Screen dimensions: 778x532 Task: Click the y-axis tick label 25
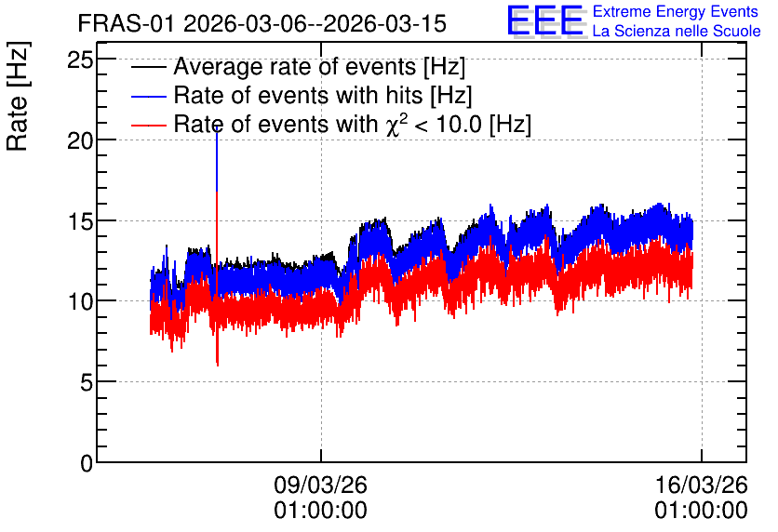click(x=80, y=60)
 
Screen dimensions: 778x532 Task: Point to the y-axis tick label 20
click(x=80, y=140)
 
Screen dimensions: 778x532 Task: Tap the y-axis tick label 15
click(x=80, y=221)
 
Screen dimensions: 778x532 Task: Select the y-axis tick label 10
click(x=80, y=301)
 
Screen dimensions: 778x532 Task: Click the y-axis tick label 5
click(x=87, y=382)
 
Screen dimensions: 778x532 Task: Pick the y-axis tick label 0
click(x=87, y=463)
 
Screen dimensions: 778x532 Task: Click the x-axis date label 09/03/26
click(x=320, y=485)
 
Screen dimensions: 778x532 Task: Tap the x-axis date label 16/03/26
click(x=701, y=485)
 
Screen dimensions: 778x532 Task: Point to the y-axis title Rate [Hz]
click(x=18, y=96)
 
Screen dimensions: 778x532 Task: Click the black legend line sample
click(x=149, y=67)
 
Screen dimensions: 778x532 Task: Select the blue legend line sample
click(x=149, y=96)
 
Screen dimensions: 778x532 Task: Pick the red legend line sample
click(x=149, y=125)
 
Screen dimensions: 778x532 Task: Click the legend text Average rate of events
click(x=295, y=67)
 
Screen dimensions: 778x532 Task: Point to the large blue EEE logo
click(x=545, y=20)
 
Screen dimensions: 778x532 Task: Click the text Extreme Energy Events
click(x=676, y=11)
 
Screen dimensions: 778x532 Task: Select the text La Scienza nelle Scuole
click(x=677, y=32)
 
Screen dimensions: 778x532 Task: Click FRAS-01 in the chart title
click(x=126, y=24)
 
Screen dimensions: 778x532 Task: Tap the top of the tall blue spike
click(x=217, y=127)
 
